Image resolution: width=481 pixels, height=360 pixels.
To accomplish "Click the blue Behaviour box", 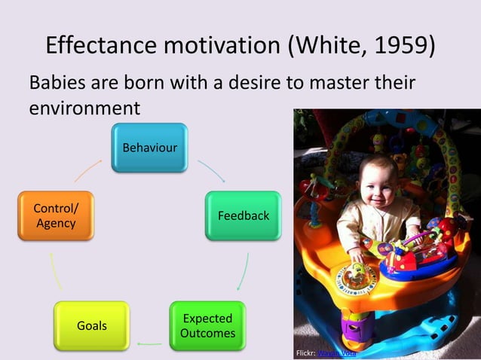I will point(149,148).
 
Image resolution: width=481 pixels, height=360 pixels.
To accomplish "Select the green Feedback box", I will point(243,216).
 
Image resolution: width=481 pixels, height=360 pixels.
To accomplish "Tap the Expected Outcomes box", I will point(207,326).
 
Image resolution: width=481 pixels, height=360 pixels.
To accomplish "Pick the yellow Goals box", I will point(91,326).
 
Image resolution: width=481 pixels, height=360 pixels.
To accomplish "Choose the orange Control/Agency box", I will point(55,216).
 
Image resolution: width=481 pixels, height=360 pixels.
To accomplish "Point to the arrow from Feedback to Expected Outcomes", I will point(244,272).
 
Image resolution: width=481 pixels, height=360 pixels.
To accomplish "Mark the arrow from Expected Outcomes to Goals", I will point(149,343).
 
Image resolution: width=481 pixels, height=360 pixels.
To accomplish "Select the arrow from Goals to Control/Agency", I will point(56,272).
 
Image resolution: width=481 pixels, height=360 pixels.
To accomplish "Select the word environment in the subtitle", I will point(84,107).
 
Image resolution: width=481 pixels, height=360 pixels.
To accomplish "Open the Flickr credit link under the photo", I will point(336,352).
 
